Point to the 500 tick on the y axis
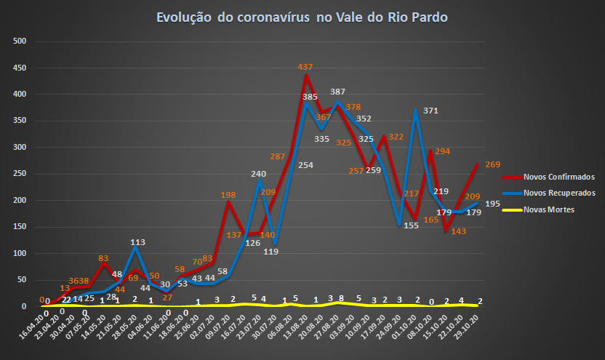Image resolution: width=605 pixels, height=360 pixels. point(20,41)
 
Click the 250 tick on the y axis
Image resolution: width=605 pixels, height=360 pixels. point(20,174)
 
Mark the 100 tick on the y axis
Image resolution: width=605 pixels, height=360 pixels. point(20,254)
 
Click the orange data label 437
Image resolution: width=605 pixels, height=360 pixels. point(305,67)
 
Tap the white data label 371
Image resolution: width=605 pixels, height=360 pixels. point(431,111)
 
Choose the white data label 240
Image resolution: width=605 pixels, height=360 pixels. point(258,175)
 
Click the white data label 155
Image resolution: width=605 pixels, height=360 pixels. point(411,226)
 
